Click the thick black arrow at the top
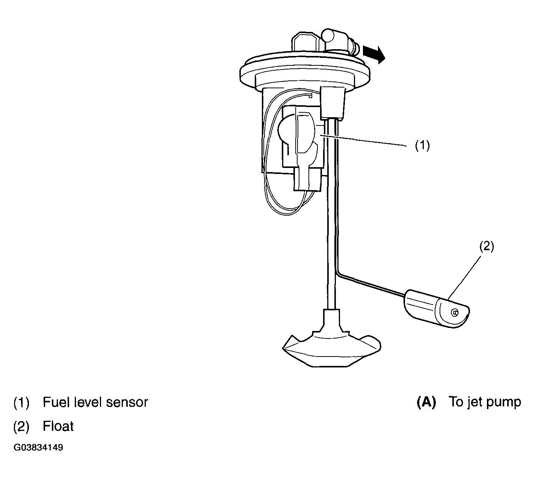374,54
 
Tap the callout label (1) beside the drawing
422,145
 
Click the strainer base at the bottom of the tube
331,346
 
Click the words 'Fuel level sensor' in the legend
95,402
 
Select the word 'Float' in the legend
58,426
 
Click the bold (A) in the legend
426,402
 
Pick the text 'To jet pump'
485,402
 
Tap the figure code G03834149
38,448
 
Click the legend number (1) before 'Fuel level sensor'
21,402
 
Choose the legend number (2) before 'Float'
21,426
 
